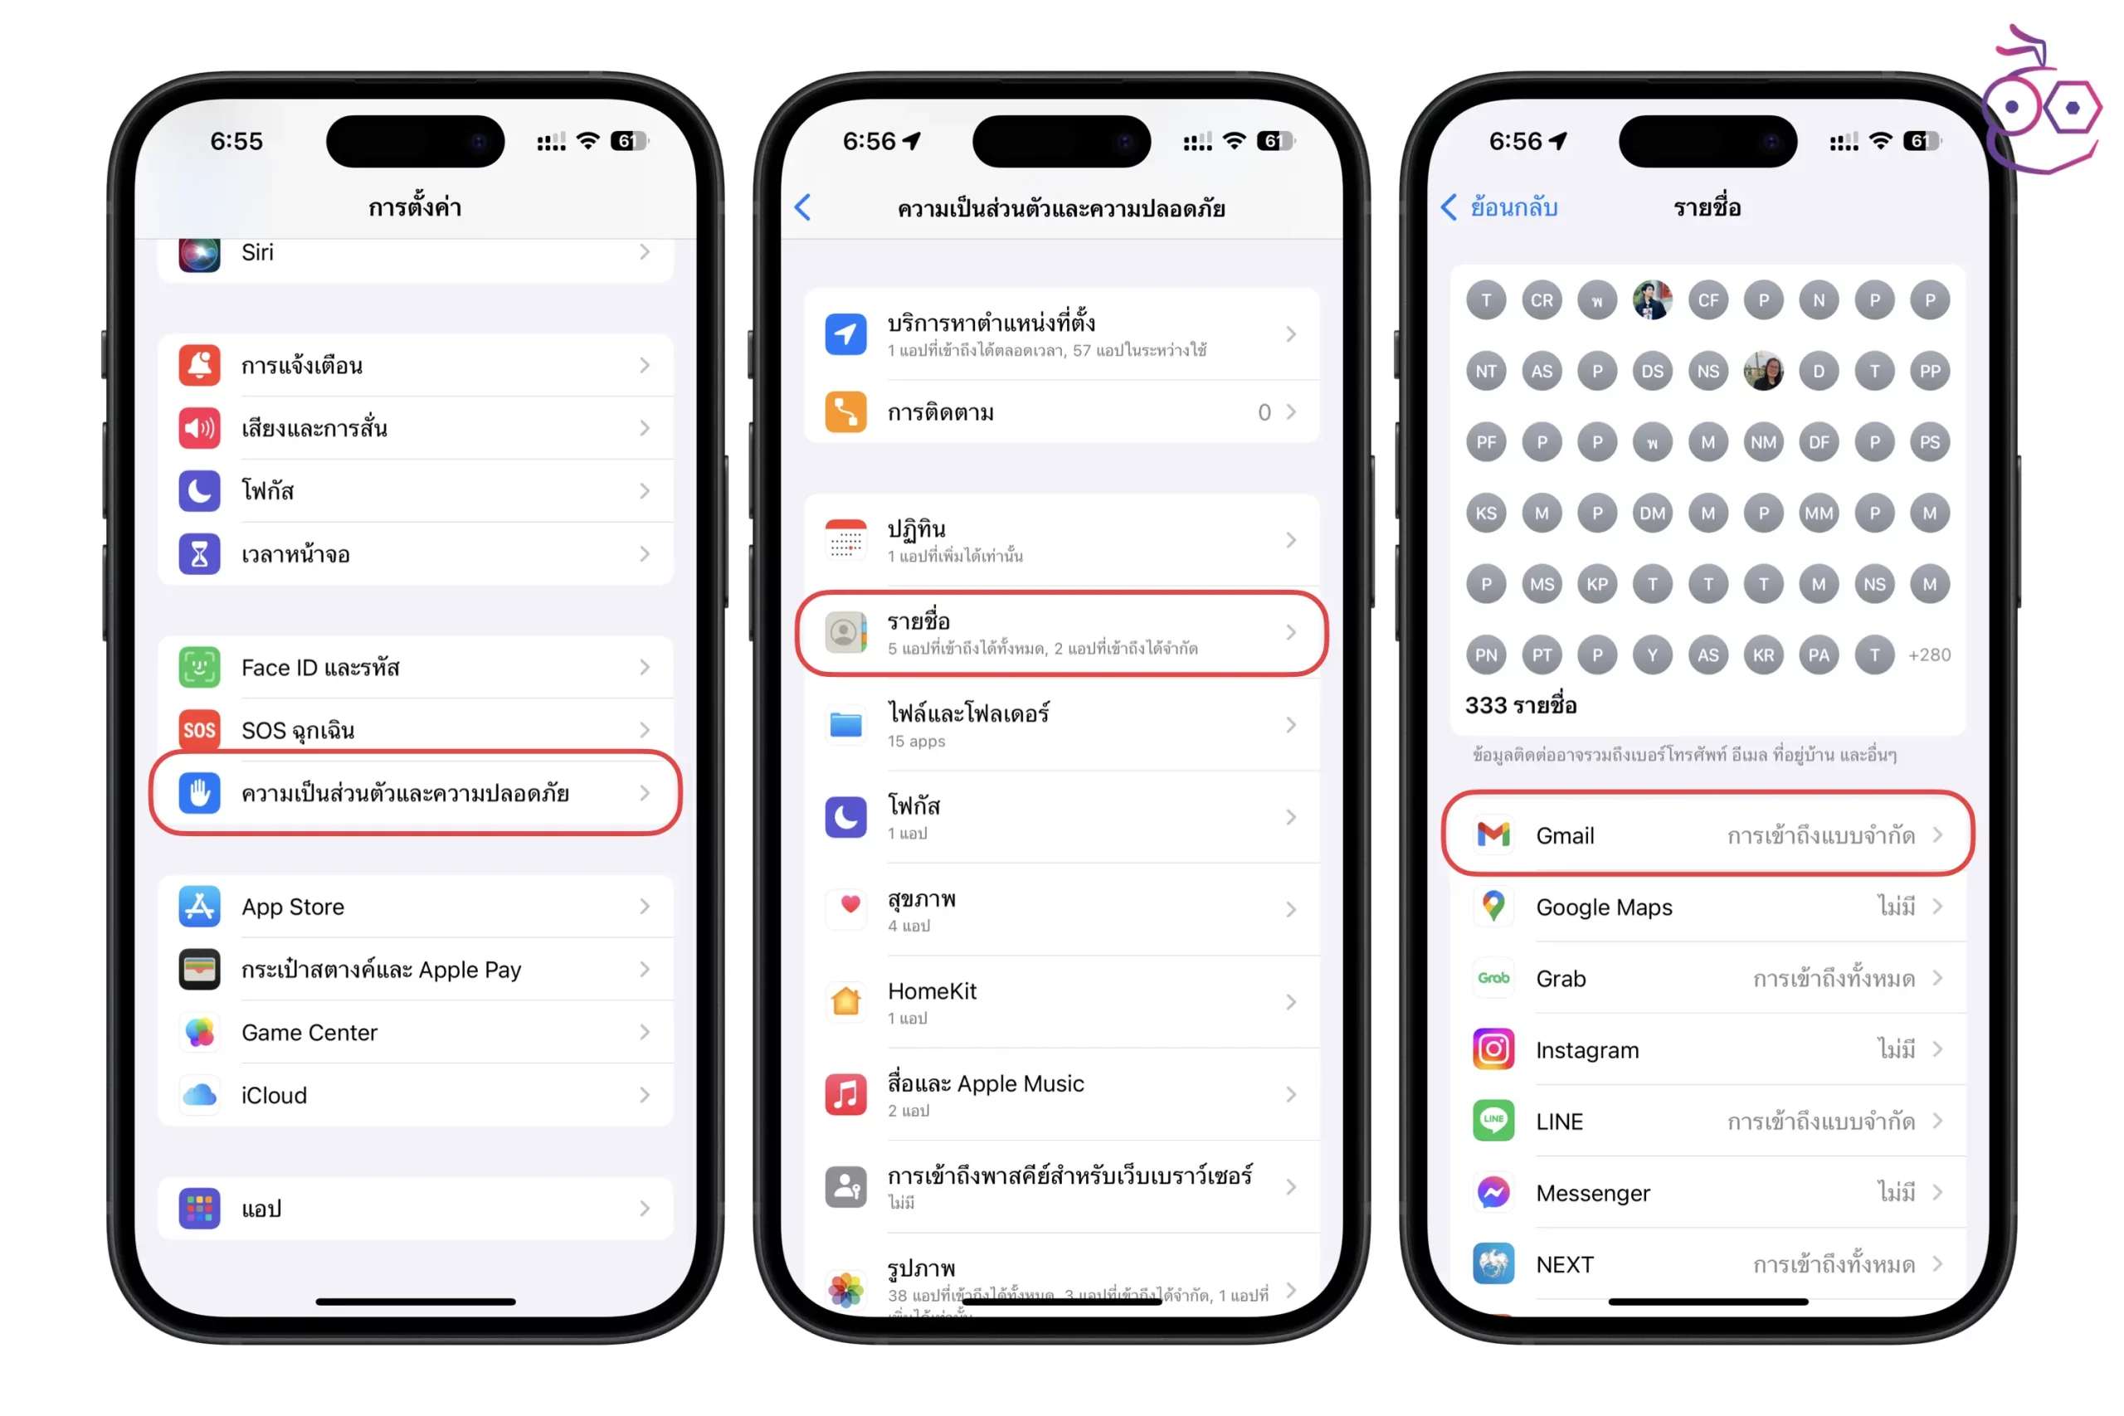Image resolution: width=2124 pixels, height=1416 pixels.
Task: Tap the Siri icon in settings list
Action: coord(200,254)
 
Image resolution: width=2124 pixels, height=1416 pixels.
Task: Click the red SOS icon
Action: coord(200,731)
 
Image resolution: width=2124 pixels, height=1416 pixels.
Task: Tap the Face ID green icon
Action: coord(200,668)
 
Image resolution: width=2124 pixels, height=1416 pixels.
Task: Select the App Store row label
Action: coord(293,907)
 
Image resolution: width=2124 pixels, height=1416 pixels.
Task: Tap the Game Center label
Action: coord(309,1032)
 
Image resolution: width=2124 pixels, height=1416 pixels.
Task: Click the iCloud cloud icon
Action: coord(200,1096)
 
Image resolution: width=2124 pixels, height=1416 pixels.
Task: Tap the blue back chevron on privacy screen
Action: coord(803,207)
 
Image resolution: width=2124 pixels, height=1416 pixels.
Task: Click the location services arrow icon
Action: coord(846,334)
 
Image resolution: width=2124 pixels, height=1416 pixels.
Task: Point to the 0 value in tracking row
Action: coord(1264,413)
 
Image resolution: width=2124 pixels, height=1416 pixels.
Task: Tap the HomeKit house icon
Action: coord(846,1001)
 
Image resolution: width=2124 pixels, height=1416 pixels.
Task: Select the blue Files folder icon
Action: coord(846,725)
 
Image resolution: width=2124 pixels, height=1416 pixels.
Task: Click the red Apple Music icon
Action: coord(846,1094)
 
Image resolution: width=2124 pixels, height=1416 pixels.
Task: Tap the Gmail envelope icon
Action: coord(1493,835)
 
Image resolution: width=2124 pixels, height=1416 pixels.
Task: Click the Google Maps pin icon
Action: coord(1493,907)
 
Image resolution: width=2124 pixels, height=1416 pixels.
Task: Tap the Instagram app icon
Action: coord(1493,1049)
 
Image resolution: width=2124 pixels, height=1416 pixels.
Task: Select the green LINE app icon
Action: coord(1493,1121)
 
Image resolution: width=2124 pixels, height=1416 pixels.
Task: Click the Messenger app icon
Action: coord(1493,1193)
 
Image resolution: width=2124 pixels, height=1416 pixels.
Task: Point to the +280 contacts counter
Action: coord(1929,655)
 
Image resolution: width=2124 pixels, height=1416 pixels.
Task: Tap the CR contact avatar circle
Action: coord(1542,301)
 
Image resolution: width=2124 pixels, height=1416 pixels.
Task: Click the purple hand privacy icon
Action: coord(200,793)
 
